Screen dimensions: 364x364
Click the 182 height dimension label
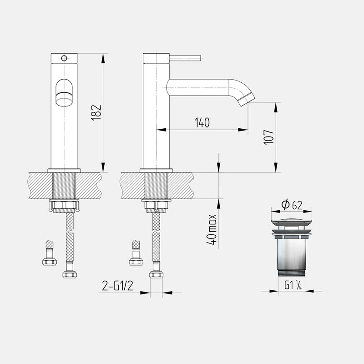[x=96, y=112]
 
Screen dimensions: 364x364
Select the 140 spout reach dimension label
[x=202, y=122]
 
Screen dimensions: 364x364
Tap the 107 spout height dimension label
[x=269, y=137]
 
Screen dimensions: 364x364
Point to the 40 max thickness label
[x=212, y=229]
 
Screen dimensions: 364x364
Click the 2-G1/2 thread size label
[x=118, y=286]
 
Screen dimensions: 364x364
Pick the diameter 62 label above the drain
[x=292, y=204]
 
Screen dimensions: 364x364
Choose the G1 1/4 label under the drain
[x=293, y=285]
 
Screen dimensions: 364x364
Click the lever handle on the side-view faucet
[x=185, y=58]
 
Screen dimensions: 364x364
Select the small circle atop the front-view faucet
[x=64, y=58]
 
